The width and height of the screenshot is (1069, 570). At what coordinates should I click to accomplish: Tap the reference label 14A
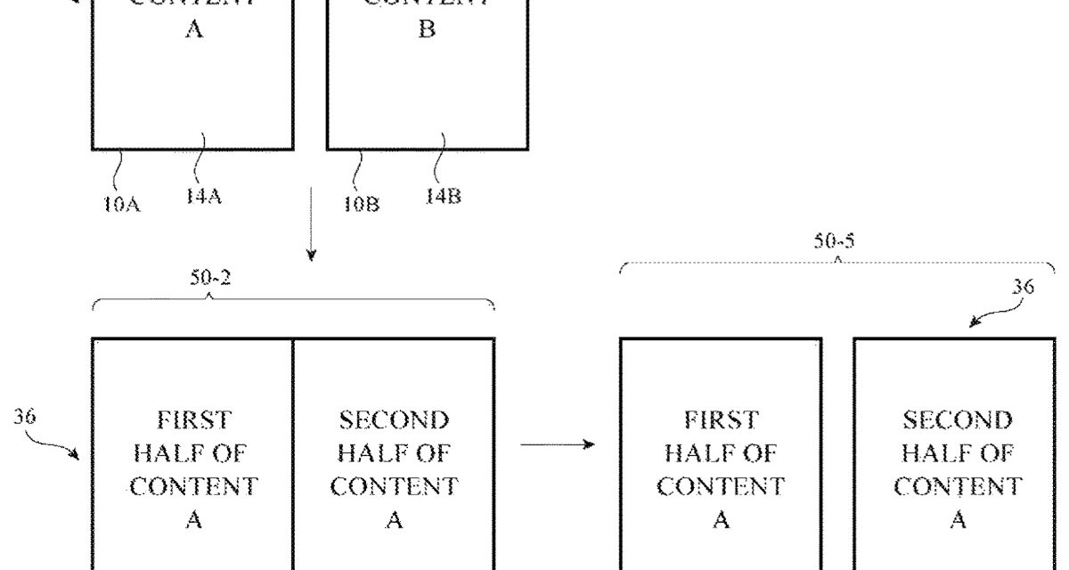pos(204,197)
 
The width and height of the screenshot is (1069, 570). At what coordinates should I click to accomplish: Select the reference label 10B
pos(362,204)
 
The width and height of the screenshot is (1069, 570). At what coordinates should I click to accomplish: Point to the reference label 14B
pos(443,197)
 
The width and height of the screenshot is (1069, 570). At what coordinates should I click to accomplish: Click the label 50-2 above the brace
pos(209,278)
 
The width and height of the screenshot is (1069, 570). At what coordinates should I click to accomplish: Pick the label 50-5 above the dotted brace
pos(836,242)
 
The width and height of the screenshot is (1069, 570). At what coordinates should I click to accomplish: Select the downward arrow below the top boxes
pos(311,223)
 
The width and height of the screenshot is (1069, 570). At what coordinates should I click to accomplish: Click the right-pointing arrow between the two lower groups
pos(557,443)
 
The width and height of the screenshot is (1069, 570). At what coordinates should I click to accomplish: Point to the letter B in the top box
pos(427,29)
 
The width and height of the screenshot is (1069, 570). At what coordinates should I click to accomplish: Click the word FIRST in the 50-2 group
pos(192,419)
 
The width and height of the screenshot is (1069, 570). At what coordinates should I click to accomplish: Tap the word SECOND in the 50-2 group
pos(394,419)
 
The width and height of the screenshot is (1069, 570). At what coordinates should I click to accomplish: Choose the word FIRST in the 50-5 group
pos(722,419)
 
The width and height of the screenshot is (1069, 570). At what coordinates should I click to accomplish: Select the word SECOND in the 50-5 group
pos(958,419)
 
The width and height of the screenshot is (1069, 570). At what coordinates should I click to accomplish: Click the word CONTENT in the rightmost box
pos(958,487)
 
